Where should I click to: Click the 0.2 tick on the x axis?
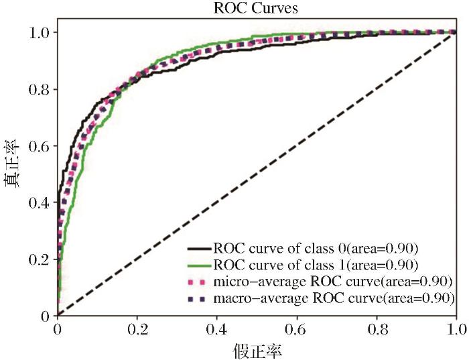(137, 329)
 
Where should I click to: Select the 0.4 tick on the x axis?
(217, 329)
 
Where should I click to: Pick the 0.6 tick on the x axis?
(297, 329)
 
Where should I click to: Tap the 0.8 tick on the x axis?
(377, 329)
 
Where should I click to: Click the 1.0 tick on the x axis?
(456, 329)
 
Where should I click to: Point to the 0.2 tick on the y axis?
(40, 259)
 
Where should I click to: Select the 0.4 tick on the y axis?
(40, 202)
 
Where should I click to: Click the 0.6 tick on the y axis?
(40, 145)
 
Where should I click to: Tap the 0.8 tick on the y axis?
(40, 89)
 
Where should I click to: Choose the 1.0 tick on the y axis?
(40, 32)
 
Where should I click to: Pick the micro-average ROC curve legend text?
(332, 280)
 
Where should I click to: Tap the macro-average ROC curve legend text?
(333, 296)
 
